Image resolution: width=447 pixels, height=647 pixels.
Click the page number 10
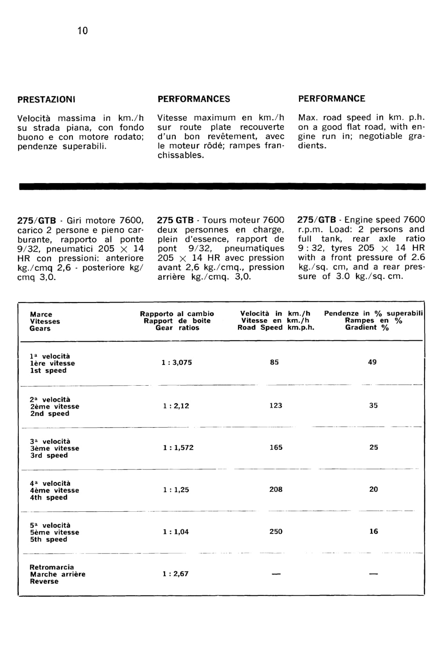pyautogui.click(x=83, y=31)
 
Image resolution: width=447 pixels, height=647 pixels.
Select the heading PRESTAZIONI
pyautogui.click(x=46, y=99)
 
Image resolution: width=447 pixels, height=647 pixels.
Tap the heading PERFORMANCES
pyautogui.click(x=194, y=99)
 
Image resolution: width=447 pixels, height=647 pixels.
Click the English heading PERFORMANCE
pyautogui.click(x=332, y=99)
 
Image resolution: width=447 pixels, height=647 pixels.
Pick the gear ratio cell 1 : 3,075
pyautogui.click(x=177, y=363)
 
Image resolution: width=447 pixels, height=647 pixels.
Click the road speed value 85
pyautogui.click(x=274, y=362)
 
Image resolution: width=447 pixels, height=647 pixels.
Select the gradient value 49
pyautogui.click(x=372, y=362)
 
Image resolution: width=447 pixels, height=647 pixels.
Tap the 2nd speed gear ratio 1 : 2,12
pyautogui.click(x=176, y=406)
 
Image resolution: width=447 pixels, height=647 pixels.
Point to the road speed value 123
pyautogui.click(x=276, y=406)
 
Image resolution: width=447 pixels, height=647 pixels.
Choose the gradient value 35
pyautogui.click(x=373, y=406)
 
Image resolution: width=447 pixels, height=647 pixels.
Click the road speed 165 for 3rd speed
pyautogui.click(x=276, y=448)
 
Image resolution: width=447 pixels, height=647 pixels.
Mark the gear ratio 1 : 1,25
pyautogui.click(x=176, y=490)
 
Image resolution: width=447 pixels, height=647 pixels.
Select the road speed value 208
pyautogui.click(x=276, y=489)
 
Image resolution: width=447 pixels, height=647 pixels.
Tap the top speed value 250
pyautogui.click(x=276, y=532)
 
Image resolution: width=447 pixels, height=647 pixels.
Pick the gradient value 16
pyautogui.click(x=374, y=531)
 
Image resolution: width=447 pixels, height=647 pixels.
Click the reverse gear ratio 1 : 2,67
pyautogui.click(x=176, y=574)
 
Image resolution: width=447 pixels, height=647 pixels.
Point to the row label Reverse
pyautogui.click(x=44, y=582)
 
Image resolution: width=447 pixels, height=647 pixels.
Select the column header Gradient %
pyautogui.click(x=367, y=327)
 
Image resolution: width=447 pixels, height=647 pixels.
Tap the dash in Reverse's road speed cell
pyautogui.click(x=276, y=574)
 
